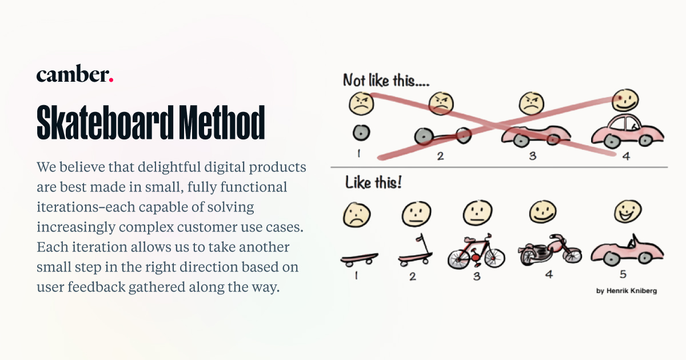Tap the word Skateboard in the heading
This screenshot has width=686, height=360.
pyautogui.click(x=105, y=122)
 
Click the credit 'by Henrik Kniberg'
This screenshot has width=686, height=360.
pyautogui.click(x=626, y=291)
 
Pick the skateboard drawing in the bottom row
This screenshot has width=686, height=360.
pyautogui.click(x=358, y=259)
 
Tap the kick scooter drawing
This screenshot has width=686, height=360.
pyautogui.click(x=413, y=252)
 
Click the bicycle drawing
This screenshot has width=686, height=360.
pyautogui.click(x=476, y=253)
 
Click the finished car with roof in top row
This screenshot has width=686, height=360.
pyautogui.click(x=627, y=131)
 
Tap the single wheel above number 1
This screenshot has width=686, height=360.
pyautogui.click(x=361, y=133)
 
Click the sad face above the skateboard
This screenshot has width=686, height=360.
pyautogui.click(x=356, y=215)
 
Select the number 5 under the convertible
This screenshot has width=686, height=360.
pyautogui.click(x=623, y=274)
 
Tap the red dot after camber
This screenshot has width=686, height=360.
pyautogui.click(x=110, y=80)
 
